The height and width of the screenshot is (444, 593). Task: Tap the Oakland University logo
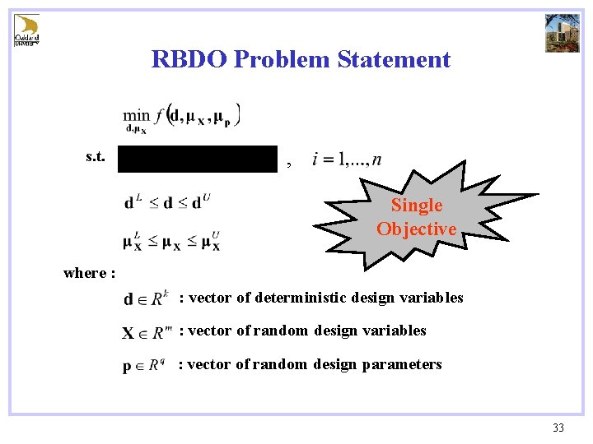tap(26, 30)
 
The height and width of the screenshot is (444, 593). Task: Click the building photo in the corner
tap(563, 32)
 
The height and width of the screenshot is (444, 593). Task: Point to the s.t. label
tap(95, 156)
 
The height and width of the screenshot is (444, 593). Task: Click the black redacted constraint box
tap(198, 159)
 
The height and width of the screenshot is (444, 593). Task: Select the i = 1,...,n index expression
tap(347, 160)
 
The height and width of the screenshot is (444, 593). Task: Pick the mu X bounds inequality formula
tap(171, 241)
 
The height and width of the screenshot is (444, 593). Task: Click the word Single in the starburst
tap(416, 206)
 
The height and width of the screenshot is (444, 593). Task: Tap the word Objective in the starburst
tap(416, 229)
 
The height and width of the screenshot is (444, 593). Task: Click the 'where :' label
tap(89, 273)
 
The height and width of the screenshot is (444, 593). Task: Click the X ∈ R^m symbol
tap(147, 332)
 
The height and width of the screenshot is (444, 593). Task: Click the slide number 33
tap(558, 428)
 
